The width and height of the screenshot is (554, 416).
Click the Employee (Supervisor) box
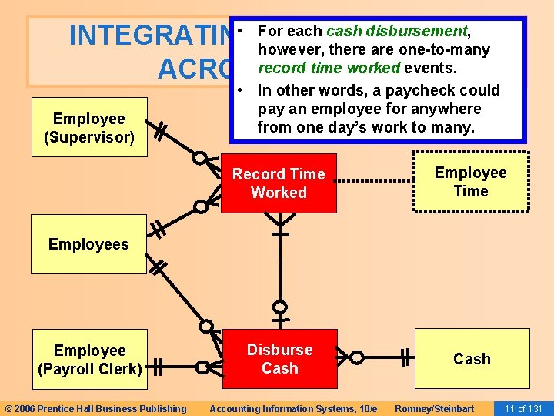tap(88, 128)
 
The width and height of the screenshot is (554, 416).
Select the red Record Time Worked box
tap(279, 183)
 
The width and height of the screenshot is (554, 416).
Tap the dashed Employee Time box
tap(471, 182)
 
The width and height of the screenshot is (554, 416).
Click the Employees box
tap(88, 244)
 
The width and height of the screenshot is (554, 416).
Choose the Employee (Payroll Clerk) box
tap(88, 359)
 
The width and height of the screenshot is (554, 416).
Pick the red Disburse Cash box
tap(279, 359)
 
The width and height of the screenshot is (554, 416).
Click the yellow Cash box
tap(472, 359)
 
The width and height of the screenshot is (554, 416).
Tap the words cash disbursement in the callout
tap(397, 32)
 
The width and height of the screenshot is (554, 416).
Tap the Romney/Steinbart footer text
tap(434, 408)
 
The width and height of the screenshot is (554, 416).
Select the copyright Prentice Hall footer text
tap(95, 408)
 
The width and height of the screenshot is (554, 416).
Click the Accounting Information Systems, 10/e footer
tap(293, 408)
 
